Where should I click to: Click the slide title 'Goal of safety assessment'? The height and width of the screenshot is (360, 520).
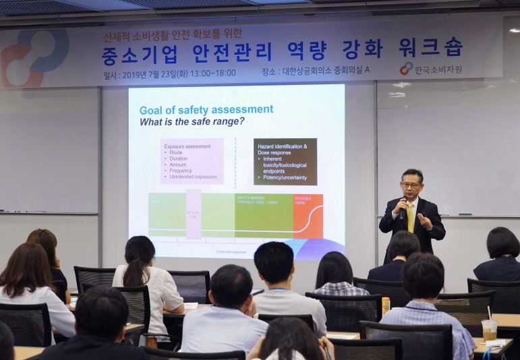click(206, 110)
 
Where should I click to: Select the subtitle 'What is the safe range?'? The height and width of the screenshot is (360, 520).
click(192, 122)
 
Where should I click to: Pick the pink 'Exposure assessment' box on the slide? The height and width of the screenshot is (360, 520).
click(192, 161)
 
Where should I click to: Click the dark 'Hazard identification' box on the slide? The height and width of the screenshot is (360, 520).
click(285, 162)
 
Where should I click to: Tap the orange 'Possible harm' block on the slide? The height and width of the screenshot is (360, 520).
click(308, 216)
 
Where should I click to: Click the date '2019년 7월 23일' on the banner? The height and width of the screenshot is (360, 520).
click(153, 73)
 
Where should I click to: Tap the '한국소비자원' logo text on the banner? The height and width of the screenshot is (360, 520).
click(438, 69)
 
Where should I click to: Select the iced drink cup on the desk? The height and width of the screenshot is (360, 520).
click(489, 330)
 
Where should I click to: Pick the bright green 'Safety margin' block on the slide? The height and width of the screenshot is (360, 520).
click(264, 216)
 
